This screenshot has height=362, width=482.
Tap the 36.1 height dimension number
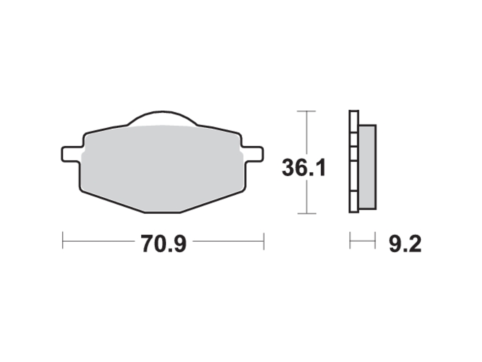(304, 169)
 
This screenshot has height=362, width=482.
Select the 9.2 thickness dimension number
(405, 244)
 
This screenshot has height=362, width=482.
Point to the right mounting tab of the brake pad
(255, 153)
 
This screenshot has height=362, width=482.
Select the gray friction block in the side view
(367, 167)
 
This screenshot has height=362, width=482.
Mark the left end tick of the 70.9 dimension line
(63, 240)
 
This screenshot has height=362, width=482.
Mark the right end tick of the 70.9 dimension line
(264, 240)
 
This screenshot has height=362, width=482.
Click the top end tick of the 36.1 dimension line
(306, 111)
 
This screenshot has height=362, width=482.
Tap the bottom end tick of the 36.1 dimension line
(306, 213)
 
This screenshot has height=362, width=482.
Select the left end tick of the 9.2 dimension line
(350, 240)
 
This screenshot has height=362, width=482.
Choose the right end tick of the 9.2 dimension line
(375, 240)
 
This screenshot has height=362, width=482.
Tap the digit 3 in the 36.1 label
(289, 169)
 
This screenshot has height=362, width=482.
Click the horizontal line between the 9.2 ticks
(362, 240)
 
